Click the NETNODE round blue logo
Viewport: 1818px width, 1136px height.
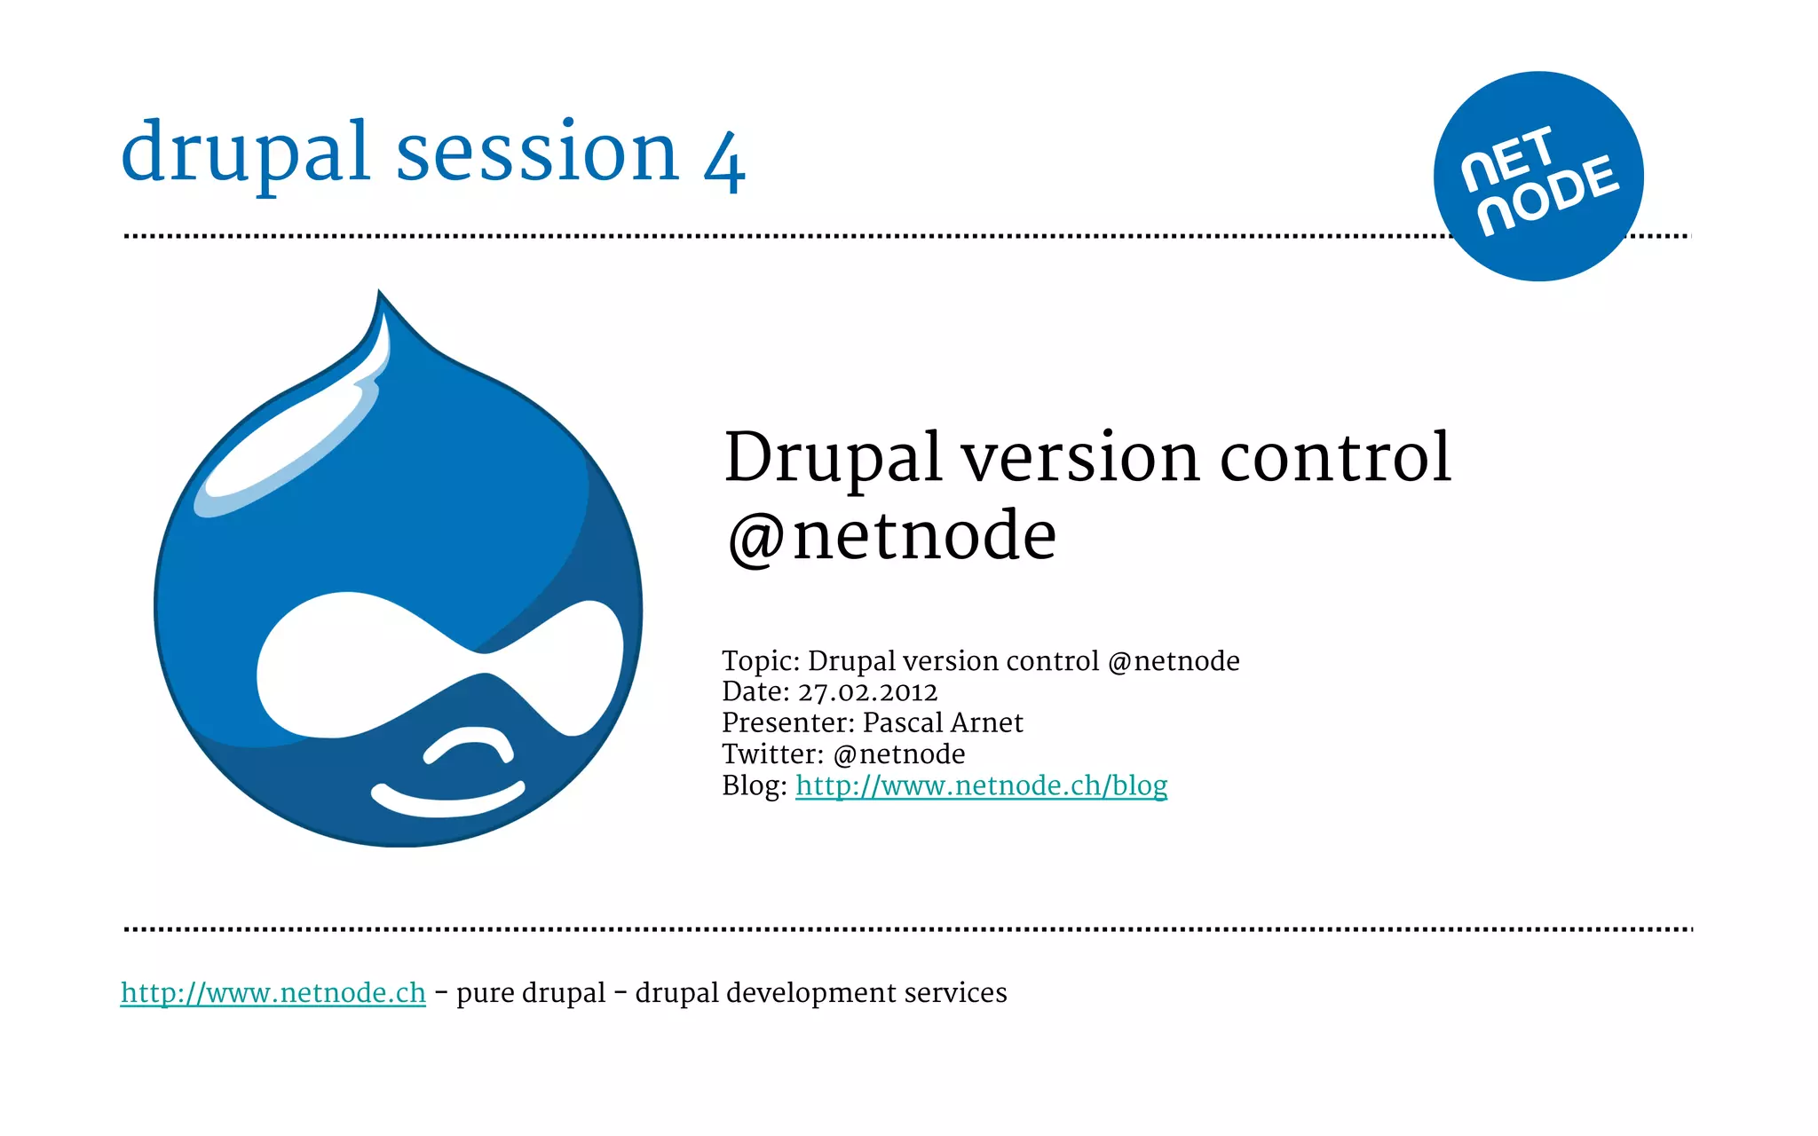click(x=1537, y=176)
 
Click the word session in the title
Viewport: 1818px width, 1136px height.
click(x=537, y=153)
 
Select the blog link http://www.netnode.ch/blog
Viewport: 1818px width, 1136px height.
click(x=981, y=785)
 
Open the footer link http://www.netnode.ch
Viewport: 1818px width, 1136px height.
click(x=273, y=992)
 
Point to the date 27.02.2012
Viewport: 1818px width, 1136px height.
click(x=867, y=692)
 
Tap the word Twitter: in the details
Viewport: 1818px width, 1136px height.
click(x=773, y=754)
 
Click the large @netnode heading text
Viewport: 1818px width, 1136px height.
click(x=891, y=536)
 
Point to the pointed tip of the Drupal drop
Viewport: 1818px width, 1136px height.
click(x=380, y=295)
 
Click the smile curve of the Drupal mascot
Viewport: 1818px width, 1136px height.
click(x=447, y=799)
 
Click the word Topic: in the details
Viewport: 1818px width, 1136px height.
click(x=761, y=661)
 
